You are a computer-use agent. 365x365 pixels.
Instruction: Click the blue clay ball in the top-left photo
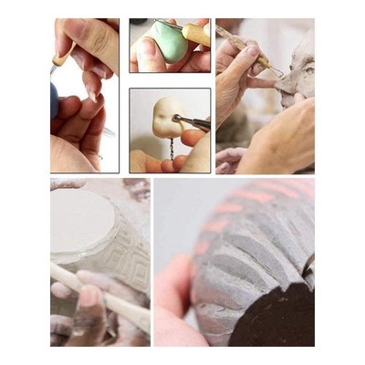click(x=55, y=100)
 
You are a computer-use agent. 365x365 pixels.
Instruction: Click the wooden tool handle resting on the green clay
click(x=196, y=35)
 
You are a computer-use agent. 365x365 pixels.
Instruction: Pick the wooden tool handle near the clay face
click(x=244, y=45)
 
